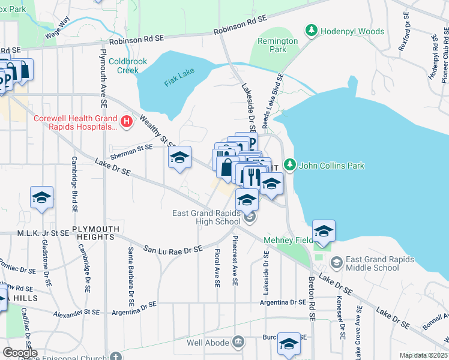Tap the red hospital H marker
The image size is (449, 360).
[126, 122]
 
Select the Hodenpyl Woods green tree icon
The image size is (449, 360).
[311, 29]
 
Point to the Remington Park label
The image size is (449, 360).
[277, 45]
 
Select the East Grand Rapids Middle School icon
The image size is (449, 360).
[336, 263]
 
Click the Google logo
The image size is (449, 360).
[19, 353]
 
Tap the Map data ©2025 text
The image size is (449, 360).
[423, 355]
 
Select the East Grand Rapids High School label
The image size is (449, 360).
[206, 217]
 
